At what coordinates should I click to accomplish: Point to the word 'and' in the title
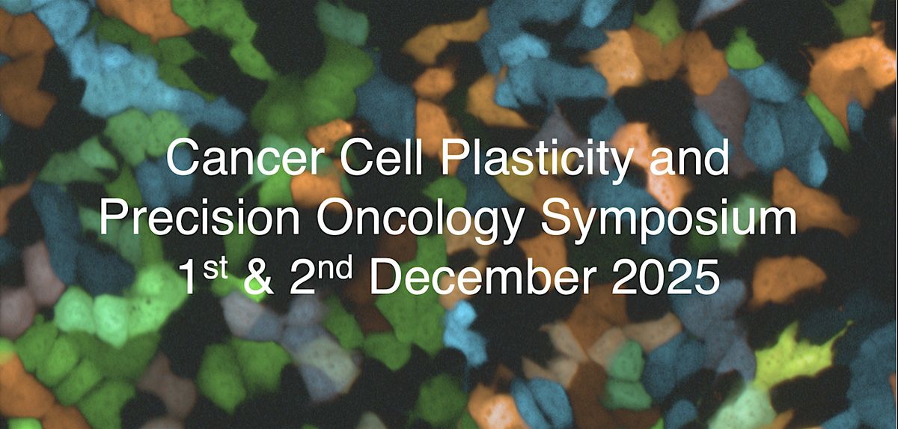[691, 159]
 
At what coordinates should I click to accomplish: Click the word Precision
[199, 219]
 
